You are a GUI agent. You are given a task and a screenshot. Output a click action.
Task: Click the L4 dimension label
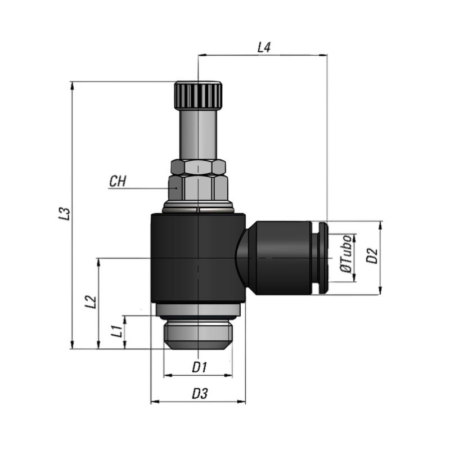click(x=264, y=47)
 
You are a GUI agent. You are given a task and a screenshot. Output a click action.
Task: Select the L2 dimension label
click(x=91, y=301)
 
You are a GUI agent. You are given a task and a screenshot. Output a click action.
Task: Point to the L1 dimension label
click(x=117, y=331)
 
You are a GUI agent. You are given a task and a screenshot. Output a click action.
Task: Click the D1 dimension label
click(x=200, y=367)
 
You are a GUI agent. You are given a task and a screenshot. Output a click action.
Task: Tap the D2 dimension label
click(x=372, y=256)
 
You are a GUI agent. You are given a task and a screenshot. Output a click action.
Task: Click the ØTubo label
click(x=345, y=254)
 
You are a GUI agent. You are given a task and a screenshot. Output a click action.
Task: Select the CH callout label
click(x=118, y=181)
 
